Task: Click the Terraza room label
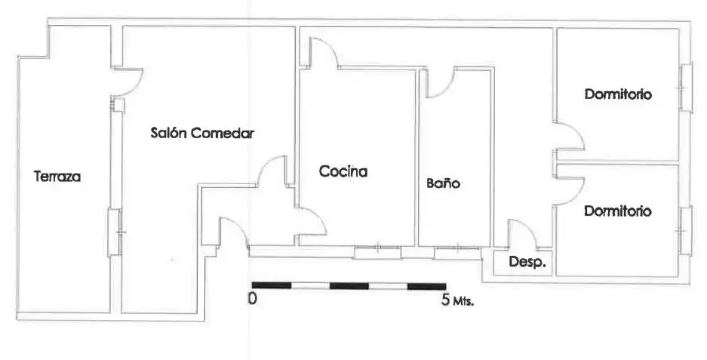57,176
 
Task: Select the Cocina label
343,171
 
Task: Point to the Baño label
443,183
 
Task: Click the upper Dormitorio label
618,94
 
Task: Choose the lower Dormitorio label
618,211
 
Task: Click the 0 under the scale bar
253,298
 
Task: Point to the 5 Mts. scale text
457,300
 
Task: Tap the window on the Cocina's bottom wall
377,252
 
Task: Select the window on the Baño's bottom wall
457,253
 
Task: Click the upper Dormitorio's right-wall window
686,88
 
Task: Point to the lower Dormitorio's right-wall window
686,231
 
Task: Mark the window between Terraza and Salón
115,232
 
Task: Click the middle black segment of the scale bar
349,285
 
